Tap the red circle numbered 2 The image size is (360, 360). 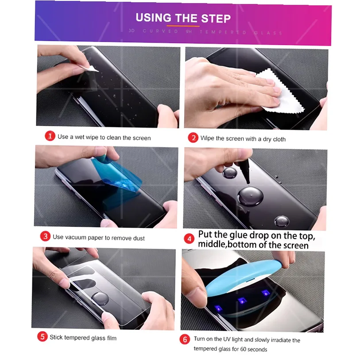point(193,138)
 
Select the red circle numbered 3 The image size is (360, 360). point(45,236)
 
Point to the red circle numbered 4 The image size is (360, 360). point(190,239)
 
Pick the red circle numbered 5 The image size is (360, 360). point(42,337)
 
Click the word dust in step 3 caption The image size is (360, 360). point(138,238)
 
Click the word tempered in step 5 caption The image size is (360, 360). point(77,337)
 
